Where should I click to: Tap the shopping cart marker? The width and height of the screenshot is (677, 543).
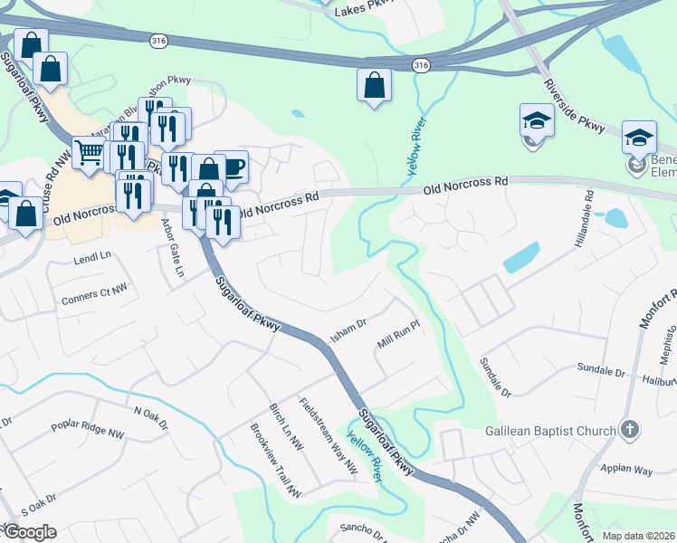[89, 152]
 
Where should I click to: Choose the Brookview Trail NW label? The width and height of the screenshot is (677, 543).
[275, 462]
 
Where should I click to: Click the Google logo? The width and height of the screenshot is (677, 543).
[29, 532]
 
